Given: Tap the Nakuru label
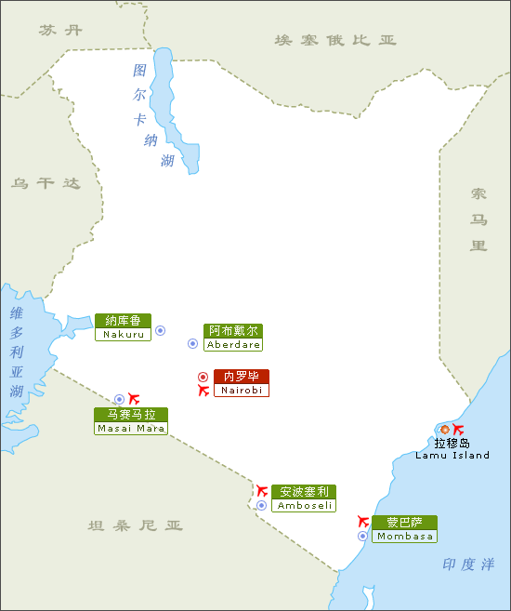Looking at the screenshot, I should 123,327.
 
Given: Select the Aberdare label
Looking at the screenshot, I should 233,337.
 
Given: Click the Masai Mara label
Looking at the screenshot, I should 131,421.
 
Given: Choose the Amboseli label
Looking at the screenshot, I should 303,498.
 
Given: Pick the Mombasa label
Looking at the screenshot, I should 404,529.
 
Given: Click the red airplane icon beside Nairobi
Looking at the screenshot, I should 203,391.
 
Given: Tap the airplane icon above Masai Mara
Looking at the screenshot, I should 134,398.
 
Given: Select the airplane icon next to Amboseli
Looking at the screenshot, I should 262,490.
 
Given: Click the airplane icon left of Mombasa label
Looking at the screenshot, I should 363,522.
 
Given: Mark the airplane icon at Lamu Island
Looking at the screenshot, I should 458,429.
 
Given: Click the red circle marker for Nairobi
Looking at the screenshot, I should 203,377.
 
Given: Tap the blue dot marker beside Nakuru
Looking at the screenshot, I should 160,330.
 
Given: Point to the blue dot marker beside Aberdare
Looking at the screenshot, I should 193,343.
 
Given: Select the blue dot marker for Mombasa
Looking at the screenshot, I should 362,536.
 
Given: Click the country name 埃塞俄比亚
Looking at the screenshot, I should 335,40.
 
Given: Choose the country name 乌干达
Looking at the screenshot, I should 46,183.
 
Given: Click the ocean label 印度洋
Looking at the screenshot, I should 468,565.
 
